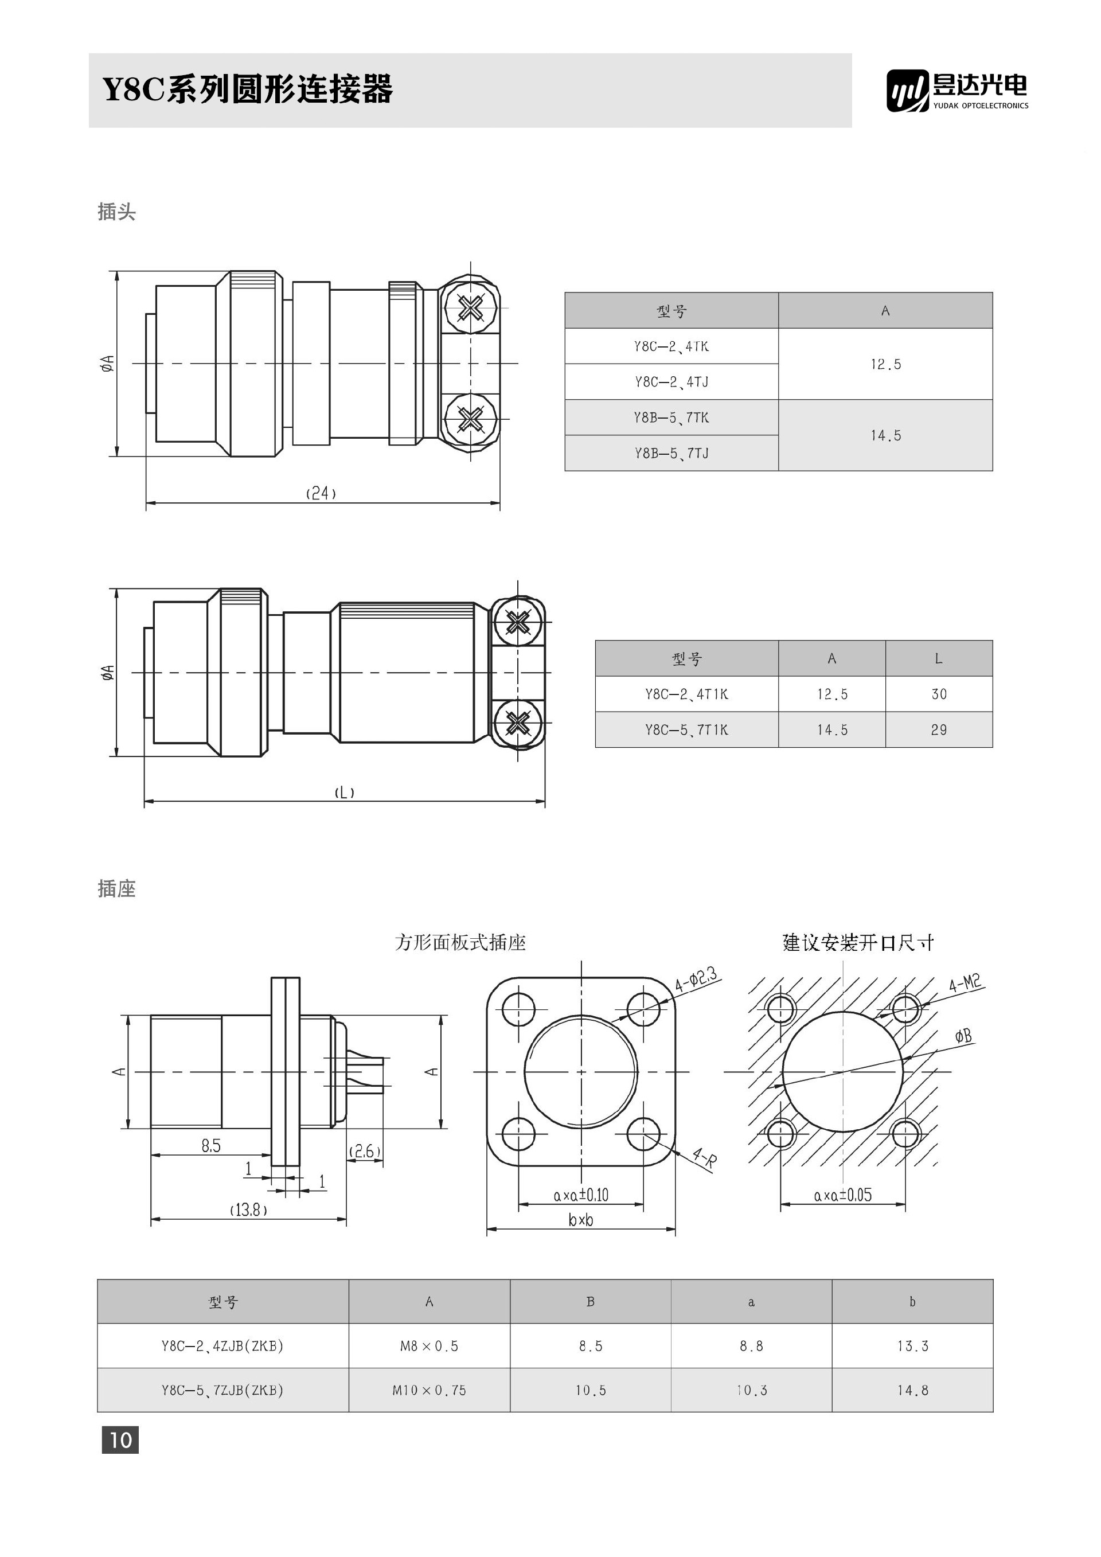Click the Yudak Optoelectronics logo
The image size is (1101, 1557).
tap(956, 90)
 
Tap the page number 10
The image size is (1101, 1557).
tap(120, 1439)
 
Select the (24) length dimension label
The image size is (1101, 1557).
tap(321, 493)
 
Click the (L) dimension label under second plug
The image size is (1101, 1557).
tap(345, 792)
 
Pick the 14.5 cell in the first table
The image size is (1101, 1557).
tap(885, 435)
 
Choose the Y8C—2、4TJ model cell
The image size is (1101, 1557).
tap(671, 382)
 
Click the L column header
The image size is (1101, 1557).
tap(938, 658)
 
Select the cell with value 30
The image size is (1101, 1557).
tap(938, 694)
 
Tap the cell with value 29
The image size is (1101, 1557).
tap(938, 729)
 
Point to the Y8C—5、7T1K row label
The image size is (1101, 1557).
tap(686, 729)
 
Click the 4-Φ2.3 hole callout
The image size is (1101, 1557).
tap(696, 980)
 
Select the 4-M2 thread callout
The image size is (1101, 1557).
tap(964, 982)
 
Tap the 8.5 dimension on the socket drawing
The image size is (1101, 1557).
tap(211, 1145)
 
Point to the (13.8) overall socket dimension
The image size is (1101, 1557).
tap(248, 1209)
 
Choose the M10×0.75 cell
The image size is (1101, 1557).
tap(429, 1390)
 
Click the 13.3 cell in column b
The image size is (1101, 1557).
tap(912, 1346)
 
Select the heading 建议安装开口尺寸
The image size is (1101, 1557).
tap(858, 943)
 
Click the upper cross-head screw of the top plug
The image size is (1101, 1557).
tap(470, 309)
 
